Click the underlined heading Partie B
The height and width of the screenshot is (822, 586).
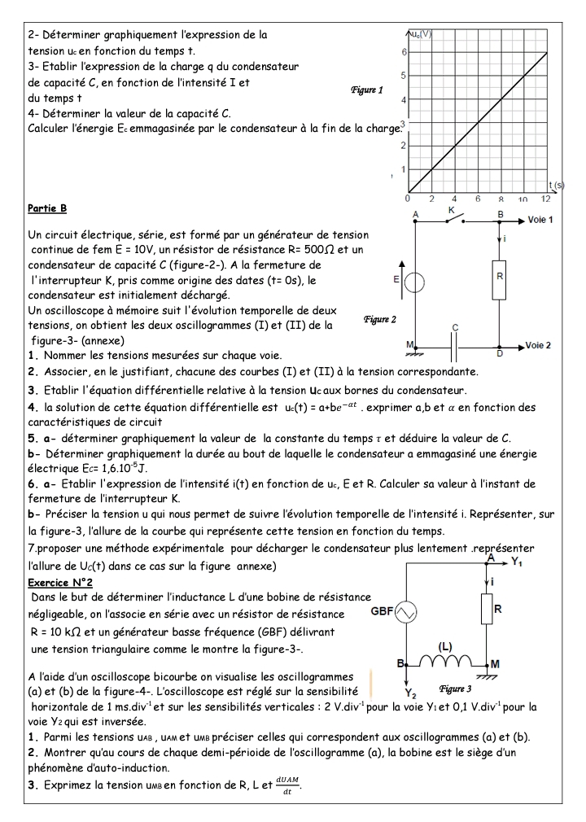click(47, 208)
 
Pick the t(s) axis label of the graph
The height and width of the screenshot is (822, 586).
click(557, 186)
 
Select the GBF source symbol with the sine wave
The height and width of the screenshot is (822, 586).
click(405, 611)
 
